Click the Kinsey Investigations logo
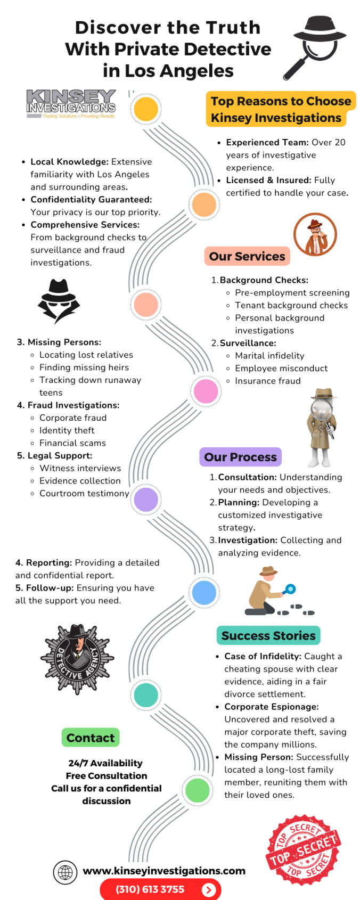pyautogui.click(x=71, y=104)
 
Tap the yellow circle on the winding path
pyautogui.click(x=146, y=109)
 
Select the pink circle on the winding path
pyautogui.click(x=206, y=391)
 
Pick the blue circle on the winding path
pyautogui.click(x=204, y=592)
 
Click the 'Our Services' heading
pyautogui.click(x=247, y=256)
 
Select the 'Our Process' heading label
pyautogui.click(x=240, y=457)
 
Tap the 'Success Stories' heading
pyautogui.click(x=268, y=635)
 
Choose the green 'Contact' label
pyautogui.click(x=91, y=738)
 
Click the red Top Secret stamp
pyautogui.click(x=304, y=850)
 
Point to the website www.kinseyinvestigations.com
pyautogui.click(x=164, y=871)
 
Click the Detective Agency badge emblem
pyautogui.click(x=78, y=659)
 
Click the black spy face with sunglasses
pyautogui.click(x=59, y=301)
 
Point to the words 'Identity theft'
pyautogui.click(x=67, y=430)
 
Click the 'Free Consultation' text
pyautogui.click(x=107, y=775)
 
